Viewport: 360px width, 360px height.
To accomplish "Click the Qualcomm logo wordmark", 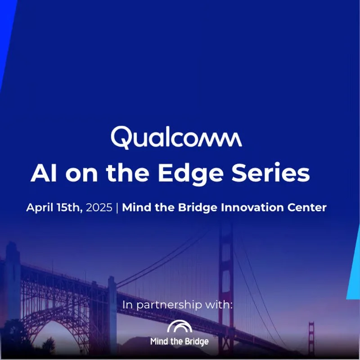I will pos(176,137).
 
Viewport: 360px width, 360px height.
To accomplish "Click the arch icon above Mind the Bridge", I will pos(179,328).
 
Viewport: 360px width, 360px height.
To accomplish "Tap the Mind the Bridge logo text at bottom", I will pos(179,342).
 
